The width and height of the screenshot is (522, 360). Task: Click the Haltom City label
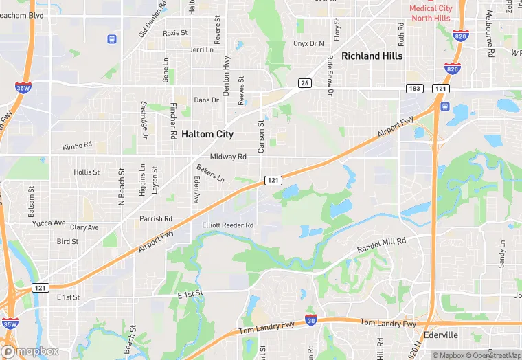point(207,134)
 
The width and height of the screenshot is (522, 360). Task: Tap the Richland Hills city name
point(372,56)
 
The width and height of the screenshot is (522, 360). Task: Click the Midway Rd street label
point(228,157)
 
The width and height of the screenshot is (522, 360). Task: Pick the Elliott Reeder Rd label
point(228,225)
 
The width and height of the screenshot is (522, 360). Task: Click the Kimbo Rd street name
point(77,146)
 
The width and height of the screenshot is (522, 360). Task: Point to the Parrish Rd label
point(155,218)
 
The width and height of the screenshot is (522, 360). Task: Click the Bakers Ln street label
point(210,173)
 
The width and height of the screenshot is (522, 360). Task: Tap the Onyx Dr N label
point(308,43)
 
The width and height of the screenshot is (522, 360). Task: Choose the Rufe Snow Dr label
point(330,72)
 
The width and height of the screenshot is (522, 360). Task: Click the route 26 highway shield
point(304,83)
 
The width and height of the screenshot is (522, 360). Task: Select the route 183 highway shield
point(414,88)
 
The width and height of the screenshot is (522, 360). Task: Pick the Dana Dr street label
point(206,100)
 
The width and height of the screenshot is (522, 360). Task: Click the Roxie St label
point(175,33)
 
